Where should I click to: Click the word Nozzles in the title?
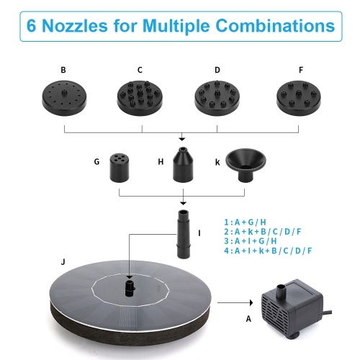(75, 25)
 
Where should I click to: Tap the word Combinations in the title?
(275, 25)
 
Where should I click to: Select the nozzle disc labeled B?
(64, 98)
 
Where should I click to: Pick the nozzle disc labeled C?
(140, 98)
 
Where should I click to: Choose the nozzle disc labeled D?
(217, 98)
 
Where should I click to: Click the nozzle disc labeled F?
(299, 98)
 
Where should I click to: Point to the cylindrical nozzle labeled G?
(120, 168)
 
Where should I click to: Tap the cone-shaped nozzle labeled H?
(183, 165)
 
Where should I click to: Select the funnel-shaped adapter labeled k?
(246, 165)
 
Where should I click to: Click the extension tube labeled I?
(184, 234)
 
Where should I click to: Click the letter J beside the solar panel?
(63, 261)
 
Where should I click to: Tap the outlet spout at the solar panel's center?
(130, 287)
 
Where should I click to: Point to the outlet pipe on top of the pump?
(280, 291)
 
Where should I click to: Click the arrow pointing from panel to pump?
(235, 302)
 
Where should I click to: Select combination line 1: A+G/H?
(245, 222)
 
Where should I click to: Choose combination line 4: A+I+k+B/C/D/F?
(268, 251)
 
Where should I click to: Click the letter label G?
(96, 161)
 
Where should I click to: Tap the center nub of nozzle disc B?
(64, 92)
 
